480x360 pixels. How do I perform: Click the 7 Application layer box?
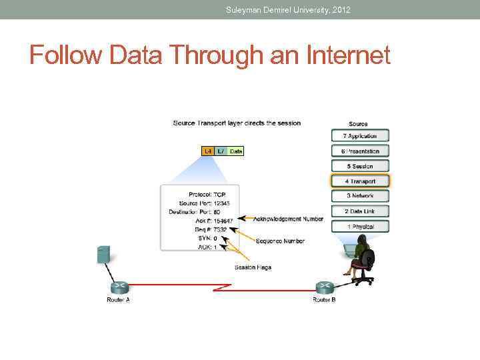pyautogui.click(x=360, y=136)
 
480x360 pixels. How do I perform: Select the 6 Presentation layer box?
pyautogui.click(x=360, y=151)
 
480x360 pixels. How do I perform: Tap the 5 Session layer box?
pyautogui.click(x=360, y=166)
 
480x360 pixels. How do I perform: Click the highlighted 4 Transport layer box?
pyautogui.click(x=360, y=181)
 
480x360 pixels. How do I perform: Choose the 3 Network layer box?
pyautogui.click(x=360, y=196)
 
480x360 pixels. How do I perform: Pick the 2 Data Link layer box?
pyautogui.click(x=360, y=211)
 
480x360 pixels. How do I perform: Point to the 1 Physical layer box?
pyautogui.click(x=360, y=227)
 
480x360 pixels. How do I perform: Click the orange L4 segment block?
pyautogui.click(x=208, y=151)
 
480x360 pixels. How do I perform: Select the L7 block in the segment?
pyautogui.click(x=221, y=151)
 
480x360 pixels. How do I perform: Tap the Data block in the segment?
pyautogui.click(x=236, y=151)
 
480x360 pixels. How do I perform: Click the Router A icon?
pyautogui.click(x=119, y=287)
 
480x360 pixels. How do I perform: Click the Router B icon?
pyautogui.click(x=325, y=287)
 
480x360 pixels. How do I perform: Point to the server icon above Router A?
pyautogui.click(x=103, y=254)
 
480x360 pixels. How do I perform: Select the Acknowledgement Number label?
pyautogui.click(x=288, y=219)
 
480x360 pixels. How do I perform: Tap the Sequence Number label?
pyautogui.click(x=280, y=241)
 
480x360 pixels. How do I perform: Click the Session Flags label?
pyautogui.click(x=253, y=267)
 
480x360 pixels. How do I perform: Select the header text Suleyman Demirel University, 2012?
pyautogui.click(x=288, y=10)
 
